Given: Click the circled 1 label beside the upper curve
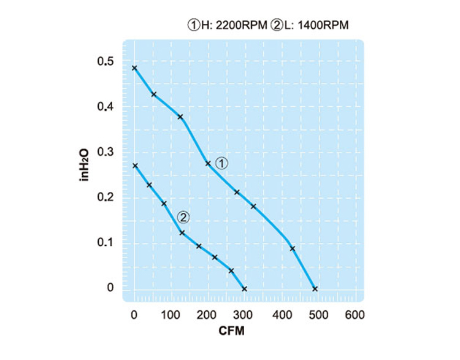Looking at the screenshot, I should coord(223,163).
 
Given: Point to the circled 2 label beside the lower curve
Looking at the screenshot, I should coord(183,216).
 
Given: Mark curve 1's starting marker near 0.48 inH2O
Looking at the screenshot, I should coord(135,68).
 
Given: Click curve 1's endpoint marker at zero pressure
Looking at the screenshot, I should coord(315,289).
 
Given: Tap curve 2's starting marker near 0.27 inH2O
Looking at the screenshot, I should coord(135,166).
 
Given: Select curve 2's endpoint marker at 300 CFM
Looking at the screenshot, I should coord(244,289).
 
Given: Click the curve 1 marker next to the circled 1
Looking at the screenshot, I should coord(208,164).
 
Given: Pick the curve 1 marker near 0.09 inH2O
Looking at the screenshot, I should coord(293,248).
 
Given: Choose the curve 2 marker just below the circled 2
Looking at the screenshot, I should coord(182,232).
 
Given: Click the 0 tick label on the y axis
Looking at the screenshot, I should coord(110,287).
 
